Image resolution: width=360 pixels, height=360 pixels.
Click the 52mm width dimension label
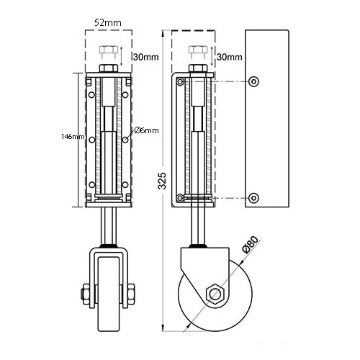click(108, 22)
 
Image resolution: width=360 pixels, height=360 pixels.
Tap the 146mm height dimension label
click(73, 137)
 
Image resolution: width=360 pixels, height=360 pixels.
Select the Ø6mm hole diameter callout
click(147, 130)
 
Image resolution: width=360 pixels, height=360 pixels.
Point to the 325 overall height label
click(163, 181)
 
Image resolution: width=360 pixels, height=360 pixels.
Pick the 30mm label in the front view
click(146, 57)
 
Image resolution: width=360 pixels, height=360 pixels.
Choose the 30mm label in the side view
click(230, 57)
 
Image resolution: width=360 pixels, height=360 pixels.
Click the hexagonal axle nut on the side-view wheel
click(215, 294)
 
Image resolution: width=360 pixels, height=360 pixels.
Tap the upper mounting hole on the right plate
click(253, 81)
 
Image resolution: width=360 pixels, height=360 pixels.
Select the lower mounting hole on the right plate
click(253, 198)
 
